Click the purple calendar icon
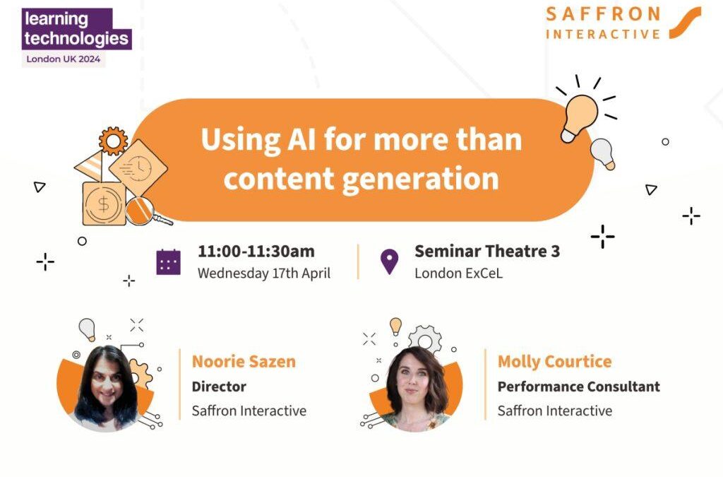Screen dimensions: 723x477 click(168, 262)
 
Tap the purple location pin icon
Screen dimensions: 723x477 click(389, 261)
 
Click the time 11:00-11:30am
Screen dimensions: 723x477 click(256, 252)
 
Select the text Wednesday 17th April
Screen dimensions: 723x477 click(264, 273)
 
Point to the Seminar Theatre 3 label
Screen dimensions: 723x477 click(487, 252)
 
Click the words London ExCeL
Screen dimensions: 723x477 click(459, 273)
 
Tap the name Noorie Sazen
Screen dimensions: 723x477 click(244, 362)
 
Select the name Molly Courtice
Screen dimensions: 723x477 click(555, 362)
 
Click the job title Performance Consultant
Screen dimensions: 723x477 click(579, 387)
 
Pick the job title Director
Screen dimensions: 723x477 click(219, 387)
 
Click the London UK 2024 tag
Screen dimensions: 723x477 click(63, 59)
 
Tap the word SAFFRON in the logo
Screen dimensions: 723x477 click(603, 14)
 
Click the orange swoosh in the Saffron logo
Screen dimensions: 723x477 click(685, 23)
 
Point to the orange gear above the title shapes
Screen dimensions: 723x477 click(114, 141)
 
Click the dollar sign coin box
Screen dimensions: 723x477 click(104, 204)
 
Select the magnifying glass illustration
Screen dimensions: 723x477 click(145, 212)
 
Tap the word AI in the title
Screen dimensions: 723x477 click(301, 139)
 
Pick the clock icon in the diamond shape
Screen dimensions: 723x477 click(138, 168)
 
